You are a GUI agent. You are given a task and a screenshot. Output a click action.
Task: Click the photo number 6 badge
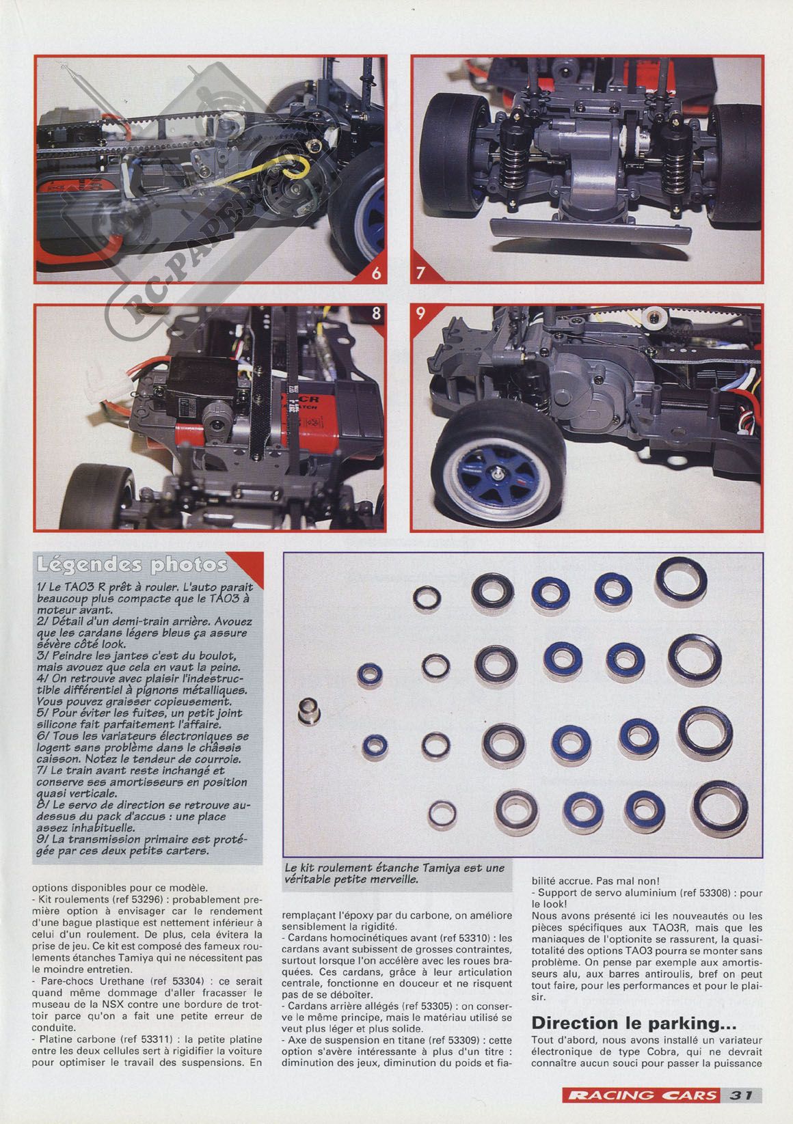[x=376, y=273]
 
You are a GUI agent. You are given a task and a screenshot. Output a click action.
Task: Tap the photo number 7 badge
[x=420, y=273]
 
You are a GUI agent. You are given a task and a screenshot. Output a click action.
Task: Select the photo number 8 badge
[x=376, y=314]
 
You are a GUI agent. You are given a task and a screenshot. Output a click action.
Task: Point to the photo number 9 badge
[x=420, y=314]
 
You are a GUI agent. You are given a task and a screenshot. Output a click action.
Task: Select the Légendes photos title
[x=132, y=565]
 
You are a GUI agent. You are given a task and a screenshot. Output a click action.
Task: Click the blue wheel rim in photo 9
[x=499, y=475]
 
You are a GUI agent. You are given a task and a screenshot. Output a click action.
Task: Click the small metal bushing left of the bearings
[x=309, y=711]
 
